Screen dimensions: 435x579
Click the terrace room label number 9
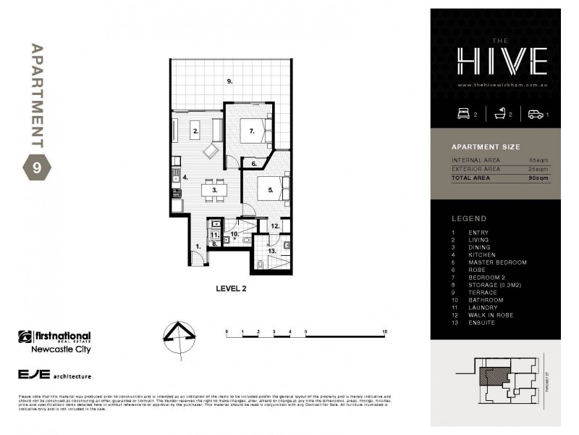[229, 81]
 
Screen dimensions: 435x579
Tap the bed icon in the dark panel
[464, 114]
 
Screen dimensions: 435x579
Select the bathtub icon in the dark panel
[500, 114]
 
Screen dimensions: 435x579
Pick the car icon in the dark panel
[536, 114]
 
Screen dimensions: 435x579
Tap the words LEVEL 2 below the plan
[232, 288]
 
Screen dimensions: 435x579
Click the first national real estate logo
[54, 341]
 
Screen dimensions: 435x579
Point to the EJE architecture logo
[54, 375]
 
